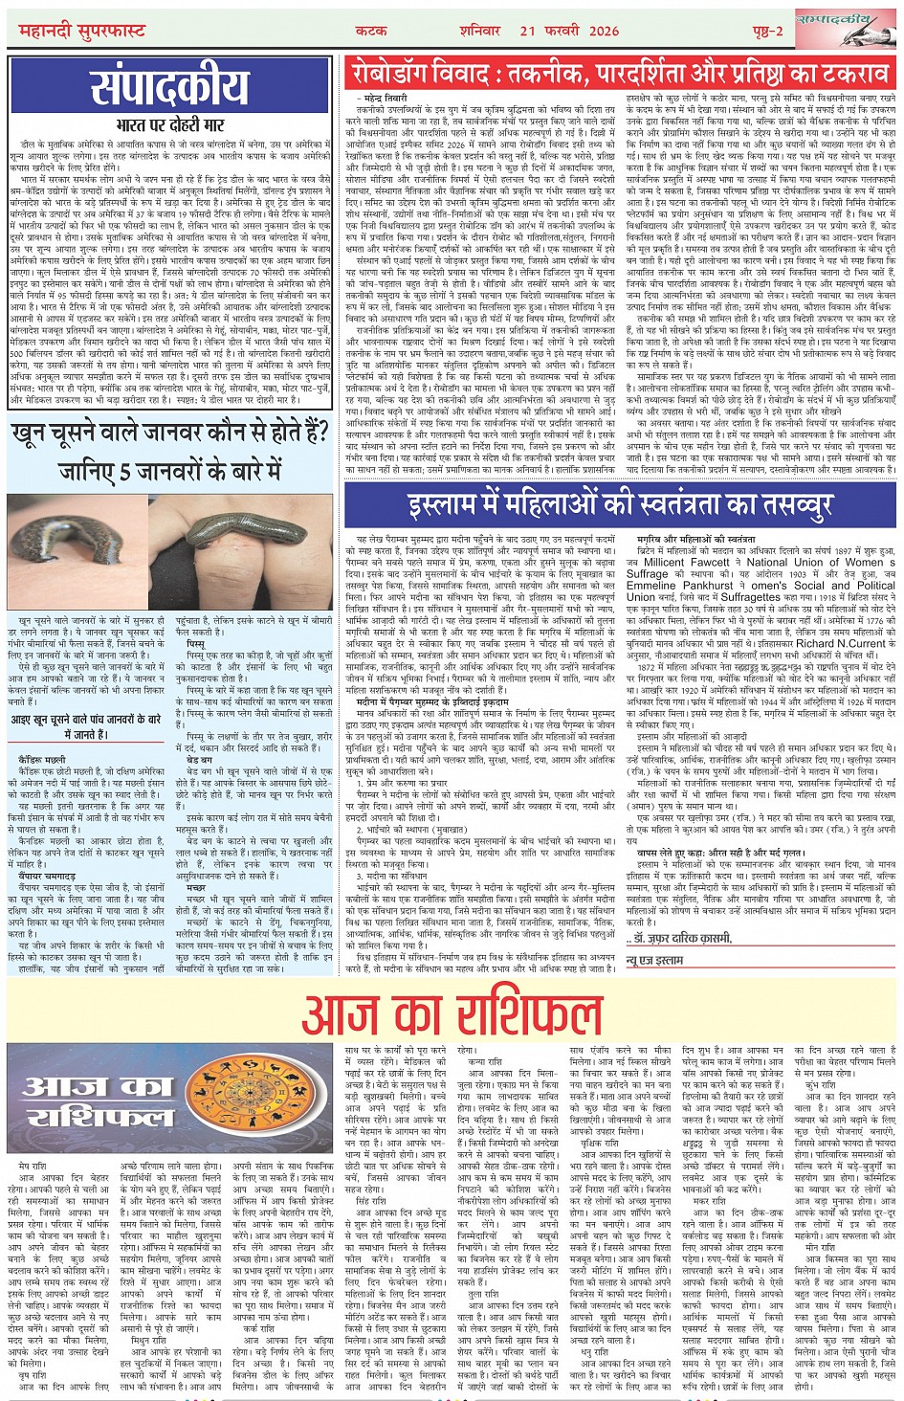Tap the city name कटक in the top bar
(x=372, y=31)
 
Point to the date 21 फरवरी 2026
(x=569, y=31)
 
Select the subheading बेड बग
(x=200, y=759)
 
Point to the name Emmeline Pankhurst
(x=678, y=586)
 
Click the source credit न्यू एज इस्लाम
(x=655, y=959)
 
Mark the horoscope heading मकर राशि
(x=710, y=1200)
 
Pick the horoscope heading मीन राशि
(x=821, y=1248)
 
